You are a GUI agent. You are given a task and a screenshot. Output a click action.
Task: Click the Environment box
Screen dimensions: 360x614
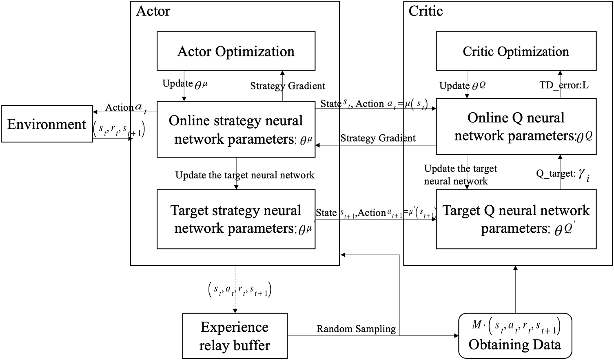click(x=47, y=124)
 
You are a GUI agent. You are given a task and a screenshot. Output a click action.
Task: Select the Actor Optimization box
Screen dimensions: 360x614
click(x=236, y=51)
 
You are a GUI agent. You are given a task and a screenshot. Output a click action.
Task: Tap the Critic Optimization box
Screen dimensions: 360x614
click(x=516, y=51)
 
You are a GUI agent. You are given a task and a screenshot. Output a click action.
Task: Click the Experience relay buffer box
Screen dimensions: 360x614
click(x=235, y=336)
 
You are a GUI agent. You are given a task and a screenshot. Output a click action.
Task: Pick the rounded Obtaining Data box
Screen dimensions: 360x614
click(x=515, y=336)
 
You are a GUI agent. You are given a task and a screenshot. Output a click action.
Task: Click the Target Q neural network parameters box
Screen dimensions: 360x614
click(x=516, y=219)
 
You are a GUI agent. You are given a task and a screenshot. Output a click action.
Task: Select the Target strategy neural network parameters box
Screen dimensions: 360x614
click(x=236, y=219)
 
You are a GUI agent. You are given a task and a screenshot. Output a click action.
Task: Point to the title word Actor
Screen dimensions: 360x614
click(x=153, y=11)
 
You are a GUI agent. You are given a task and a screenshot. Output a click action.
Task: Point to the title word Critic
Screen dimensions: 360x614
click(x=426, y=11)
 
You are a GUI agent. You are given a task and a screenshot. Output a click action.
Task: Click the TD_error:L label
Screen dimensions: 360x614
click(x=564, y=85)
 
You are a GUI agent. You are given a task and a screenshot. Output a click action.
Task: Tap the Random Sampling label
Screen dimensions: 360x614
click(x=356, y=329)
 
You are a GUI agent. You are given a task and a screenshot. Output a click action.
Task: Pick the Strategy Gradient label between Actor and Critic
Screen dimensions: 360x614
click(x=378, y=138)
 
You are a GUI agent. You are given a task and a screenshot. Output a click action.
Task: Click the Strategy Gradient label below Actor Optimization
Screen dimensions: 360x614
click(x=288, y=86)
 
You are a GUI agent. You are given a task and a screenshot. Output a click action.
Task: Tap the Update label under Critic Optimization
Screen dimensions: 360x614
click(x=462, y=86)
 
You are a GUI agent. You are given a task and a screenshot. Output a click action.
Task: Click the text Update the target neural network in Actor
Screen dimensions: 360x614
click(x=245, y=176)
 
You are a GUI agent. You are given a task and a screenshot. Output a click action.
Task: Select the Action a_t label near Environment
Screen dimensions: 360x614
click(x=124, y=107)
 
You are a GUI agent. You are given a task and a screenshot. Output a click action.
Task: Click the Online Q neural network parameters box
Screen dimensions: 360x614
click(x=516, y=127)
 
